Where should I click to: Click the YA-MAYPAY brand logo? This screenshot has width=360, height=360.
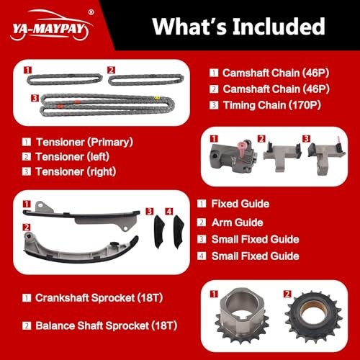click(x=51, y=25)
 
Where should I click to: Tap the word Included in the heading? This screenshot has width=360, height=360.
click(x=279, y=27)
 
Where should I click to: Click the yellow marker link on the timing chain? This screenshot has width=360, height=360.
click(x=157, y=98)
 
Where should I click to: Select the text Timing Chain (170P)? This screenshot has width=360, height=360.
click(x=272, y=105)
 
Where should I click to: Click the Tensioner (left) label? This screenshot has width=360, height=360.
click(x=73, y=157)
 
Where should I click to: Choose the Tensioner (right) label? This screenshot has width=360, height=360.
click(x=76, y=171)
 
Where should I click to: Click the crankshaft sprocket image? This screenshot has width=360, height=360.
click(x=242, y=315)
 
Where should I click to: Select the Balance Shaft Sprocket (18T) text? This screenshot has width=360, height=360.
click(x=107, y=325)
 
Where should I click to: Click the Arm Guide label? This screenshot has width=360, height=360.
click(x=238, y=222)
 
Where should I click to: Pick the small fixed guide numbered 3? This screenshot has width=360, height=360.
click(x=158, y=232)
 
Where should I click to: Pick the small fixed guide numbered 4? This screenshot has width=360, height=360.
click(x=179, y=232)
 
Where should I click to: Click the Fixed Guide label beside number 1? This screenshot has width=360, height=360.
click(x=240, y=204)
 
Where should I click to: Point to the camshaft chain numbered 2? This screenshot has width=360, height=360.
click(x=146, y=80)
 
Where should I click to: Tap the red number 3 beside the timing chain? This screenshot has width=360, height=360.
click(x=35, y=98)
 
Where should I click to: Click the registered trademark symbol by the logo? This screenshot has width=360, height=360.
click(x=91, y=12)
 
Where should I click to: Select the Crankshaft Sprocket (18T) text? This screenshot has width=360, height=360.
click(x=99, y=298)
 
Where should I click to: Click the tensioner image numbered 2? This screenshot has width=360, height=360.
click(x=282, y=156)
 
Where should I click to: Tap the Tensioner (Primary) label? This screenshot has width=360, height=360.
click(x=84, y=142)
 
